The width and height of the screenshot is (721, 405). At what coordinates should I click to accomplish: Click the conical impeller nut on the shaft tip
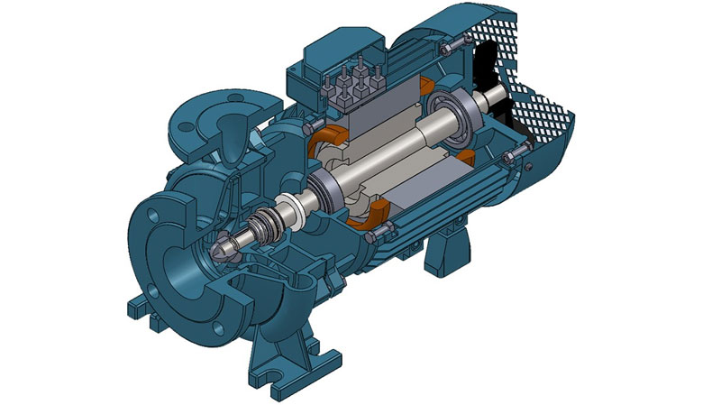click(223, 245)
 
